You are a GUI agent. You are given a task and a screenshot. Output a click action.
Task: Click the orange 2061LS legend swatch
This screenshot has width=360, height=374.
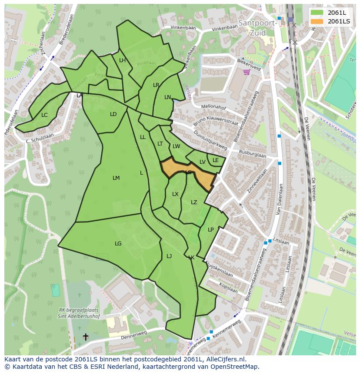(317, 21)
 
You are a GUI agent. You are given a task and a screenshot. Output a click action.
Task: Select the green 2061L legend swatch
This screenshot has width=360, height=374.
(317, 12)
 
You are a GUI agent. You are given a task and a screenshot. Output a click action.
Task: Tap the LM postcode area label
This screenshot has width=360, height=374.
(116, 178)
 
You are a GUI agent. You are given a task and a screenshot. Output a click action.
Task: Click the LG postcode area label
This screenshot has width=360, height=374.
(118, 244)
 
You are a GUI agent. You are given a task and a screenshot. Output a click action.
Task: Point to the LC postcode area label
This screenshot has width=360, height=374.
(44, 115)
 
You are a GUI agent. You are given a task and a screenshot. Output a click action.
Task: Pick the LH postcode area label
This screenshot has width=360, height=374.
(122, 60)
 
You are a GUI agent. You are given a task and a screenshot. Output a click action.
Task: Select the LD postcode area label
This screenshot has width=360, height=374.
(113, 114)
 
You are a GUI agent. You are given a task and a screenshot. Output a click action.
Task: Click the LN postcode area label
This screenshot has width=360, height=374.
(167, 97)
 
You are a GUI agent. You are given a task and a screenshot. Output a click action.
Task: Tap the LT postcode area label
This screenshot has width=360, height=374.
(160, 144)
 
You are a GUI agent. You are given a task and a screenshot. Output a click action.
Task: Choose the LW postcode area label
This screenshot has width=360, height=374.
(176, 146)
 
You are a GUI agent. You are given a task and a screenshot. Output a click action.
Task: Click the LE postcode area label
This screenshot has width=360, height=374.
(216, 160)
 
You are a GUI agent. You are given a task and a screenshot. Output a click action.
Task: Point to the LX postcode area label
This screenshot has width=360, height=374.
(175, 194)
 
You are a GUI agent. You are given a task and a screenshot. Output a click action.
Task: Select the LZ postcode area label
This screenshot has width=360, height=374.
(194, 202)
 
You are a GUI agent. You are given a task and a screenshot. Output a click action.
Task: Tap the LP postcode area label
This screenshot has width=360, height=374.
(211, 230)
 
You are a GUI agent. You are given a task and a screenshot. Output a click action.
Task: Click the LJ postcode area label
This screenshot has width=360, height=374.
(169, 256)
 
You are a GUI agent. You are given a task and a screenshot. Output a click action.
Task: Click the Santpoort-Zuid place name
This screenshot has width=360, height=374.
(257, 27)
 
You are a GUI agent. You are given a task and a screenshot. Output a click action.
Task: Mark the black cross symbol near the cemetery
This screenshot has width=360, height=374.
(86, 337)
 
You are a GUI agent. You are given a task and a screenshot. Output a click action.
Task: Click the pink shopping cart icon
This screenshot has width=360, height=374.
(247, 72)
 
